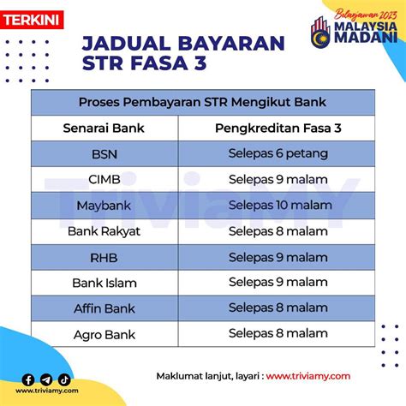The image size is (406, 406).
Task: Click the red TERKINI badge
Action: click(x=32, y=20)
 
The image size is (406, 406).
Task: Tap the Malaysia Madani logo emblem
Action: click(x=320, y=33)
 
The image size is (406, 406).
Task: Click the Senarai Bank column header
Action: click(x=104, y=128)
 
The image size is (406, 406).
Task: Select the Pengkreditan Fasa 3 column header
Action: click(x=278, y=128)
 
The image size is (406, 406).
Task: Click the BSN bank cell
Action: click(x=104, y=154)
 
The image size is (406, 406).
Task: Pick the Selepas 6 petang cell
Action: click(x=278, y=154)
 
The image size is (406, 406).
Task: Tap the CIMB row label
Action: click(x=104, y=180)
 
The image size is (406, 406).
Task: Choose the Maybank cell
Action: click(x=104, y=206)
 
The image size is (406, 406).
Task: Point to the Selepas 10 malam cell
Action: click(x=280, y=206)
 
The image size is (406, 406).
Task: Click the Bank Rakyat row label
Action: click(x=104, y=231)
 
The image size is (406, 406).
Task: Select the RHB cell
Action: click(x=104, y=258)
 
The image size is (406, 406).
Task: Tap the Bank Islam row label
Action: click(x=104, y=284)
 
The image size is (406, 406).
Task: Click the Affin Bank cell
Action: click(x=104, y=308)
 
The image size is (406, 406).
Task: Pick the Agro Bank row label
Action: click(x=104, y=335)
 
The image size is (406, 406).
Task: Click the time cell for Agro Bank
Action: click(x=278, y=333)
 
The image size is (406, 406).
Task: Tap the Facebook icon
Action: click(x=28, y=379)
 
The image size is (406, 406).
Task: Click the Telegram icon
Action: click(x=46, y=379)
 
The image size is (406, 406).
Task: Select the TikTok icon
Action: click(x=64, y=379)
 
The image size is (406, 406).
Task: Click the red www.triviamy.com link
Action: click(x=308, y=376)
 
